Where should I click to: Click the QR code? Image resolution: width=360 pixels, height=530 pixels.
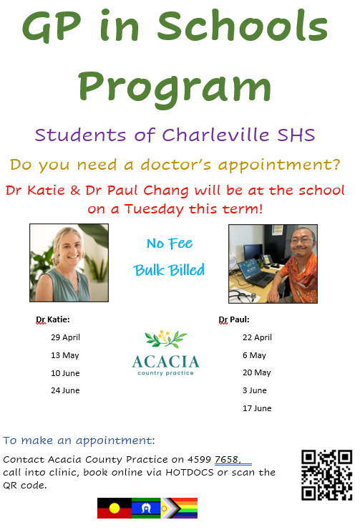[x=326, y=475]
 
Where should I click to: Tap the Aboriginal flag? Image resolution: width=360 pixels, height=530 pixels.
[x=115, y=508]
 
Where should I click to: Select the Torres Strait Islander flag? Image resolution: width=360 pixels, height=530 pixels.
[x=146, y=508]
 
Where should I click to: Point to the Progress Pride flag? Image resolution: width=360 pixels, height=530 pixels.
[x=180, y=508]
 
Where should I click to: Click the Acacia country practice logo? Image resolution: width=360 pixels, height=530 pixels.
[x=165, y=353]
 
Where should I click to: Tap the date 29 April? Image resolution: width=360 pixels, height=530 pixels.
[x=66, y=337]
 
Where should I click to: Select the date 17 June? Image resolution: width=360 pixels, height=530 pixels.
[x=257, y=408]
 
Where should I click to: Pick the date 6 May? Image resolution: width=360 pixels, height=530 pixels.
[x=254, y=355]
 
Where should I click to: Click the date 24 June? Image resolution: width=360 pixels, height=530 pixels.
[x=65, y=390]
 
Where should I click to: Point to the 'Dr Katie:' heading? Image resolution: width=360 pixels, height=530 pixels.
[x=53, y=319]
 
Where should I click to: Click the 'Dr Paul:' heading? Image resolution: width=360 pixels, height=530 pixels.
[x=234, y=319]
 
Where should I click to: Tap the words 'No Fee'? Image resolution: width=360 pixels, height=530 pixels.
[x=170, y=244]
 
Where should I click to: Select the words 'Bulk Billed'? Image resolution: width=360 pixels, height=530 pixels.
[x=169, y=270]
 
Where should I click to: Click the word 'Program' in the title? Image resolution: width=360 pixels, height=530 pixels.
[x=175, y=88]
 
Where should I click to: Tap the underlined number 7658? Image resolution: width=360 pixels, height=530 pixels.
[x=228, y=460]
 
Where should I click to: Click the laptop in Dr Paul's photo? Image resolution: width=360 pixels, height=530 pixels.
[x=256, y=272]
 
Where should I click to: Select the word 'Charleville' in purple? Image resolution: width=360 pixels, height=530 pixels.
[x=215, y=135]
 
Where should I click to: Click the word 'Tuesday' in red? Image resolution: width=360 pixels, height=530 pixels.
[x=154, y=209]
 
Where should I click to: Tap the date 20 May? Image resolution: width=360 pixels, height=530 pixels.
[x=257, y=372]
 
